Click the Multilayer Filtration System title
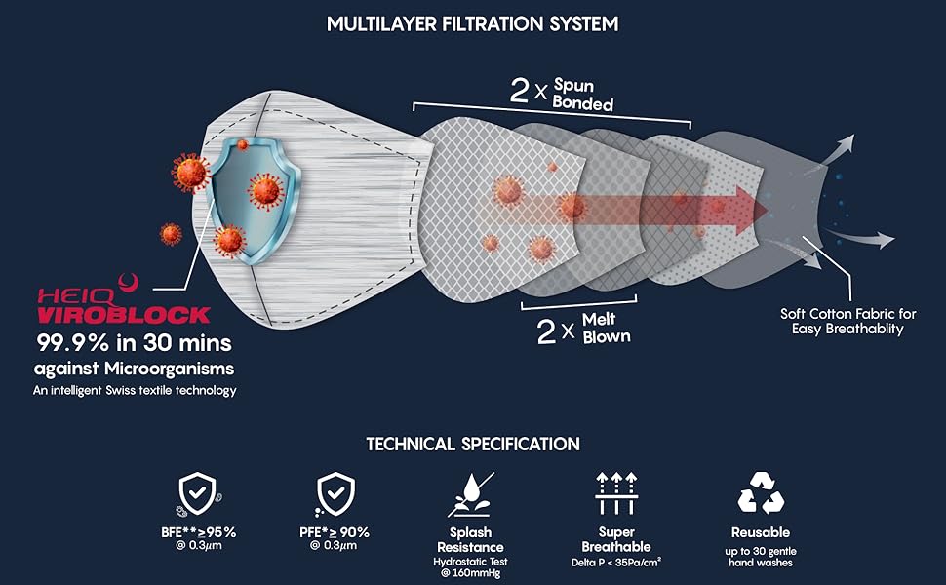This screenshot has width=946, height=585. click(x=473, y=23)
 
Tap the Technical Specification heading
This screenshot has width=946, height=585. click(x=473, y=444)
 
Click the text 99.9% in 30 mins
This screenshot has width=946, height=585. click(x=136, y=343)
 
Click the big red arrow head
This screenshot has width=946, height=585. click(x=745, y=208)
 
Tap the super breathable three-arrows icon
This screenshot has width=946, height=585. click(x=616, y=495)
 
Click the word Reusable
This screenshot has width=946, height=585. click(x=761, y=532)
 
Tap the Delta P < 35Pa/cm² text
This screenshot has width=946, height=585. click(x=616, y=563)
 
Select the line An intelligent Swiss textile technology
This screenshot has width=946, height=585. click(x=136, y=390)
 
